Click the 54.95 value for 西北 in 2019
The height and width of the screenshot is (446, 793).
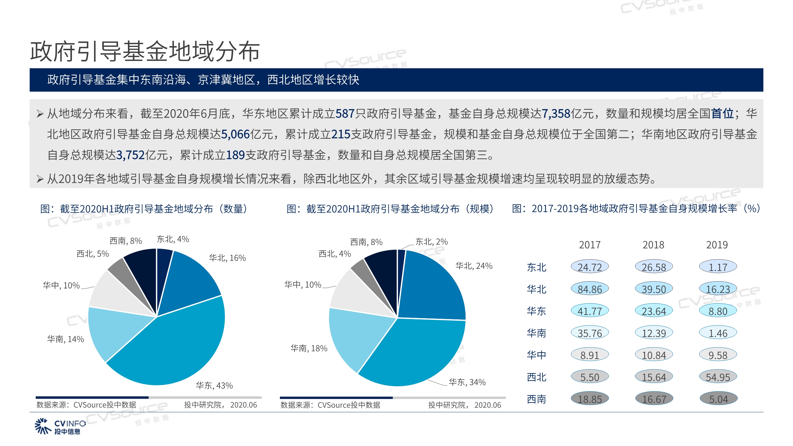click(717, 377)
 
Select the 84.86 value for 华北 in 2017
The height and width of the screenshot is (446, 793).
click(590, 289)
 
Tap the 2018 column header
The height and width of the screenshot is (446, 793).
click(653, 245)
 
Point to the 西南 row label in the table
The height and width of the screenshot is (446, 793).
click(536, 399)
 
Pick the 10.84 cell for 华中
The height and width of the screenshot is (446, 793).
click(653, 355)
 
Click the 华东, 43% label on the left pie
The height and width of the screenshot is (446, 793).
click(214, 385)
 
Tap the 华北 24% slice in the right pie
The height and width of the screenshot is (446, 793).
click(431, 289)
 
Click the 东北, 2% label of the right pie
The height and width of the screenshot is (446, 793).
click(431, 242)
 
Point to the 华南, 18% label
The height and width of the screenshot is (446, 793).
click(309, 348)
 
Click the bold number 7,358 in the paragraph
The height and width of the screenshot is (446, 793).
click(556, 114)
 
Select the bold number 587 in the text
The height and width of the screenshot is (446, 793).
click(345, 114)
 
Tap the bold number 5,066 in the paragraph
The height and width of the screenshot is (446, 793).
click(235, 134)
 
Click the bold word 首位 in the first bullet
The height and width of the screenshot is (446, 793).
click(722, 114)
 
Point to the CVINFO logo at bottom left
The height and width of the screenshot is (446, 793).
click(60, 426)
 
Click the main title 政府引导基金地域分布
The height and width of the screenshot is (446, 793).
click(145, 51)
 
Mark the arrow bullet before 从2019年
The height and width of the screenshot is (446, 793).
click(40, 178)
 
